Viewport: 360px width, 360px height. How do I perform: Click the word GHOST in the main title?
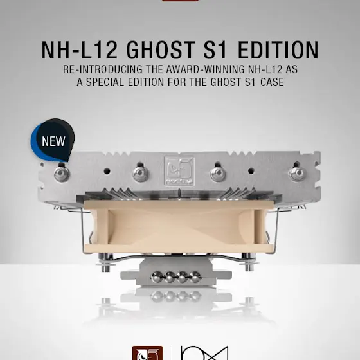[161, 50]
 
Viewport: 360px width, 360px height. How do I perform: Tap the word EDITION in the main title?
[278, 50]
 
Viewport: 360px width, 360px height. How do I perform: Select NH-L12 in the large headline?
[80, 50]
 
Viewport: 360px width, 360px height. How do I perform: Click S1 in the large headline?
[216, 50]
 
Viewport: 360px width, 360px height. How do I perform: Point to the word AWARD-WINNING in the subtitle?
[205, 69]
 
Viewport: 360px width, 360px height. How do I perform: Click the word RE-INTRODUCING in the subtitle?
[103, 69]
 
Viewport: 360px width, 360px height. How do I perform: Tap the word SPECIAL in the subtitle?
[105, 82]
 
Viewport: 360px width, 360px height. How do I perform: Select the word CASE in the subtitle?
[272, 82]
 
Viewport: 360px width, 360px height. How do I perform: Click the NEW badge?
[53, 140]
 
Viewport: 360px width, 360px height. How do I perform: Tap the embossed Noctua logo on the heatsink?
[179, 171]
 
